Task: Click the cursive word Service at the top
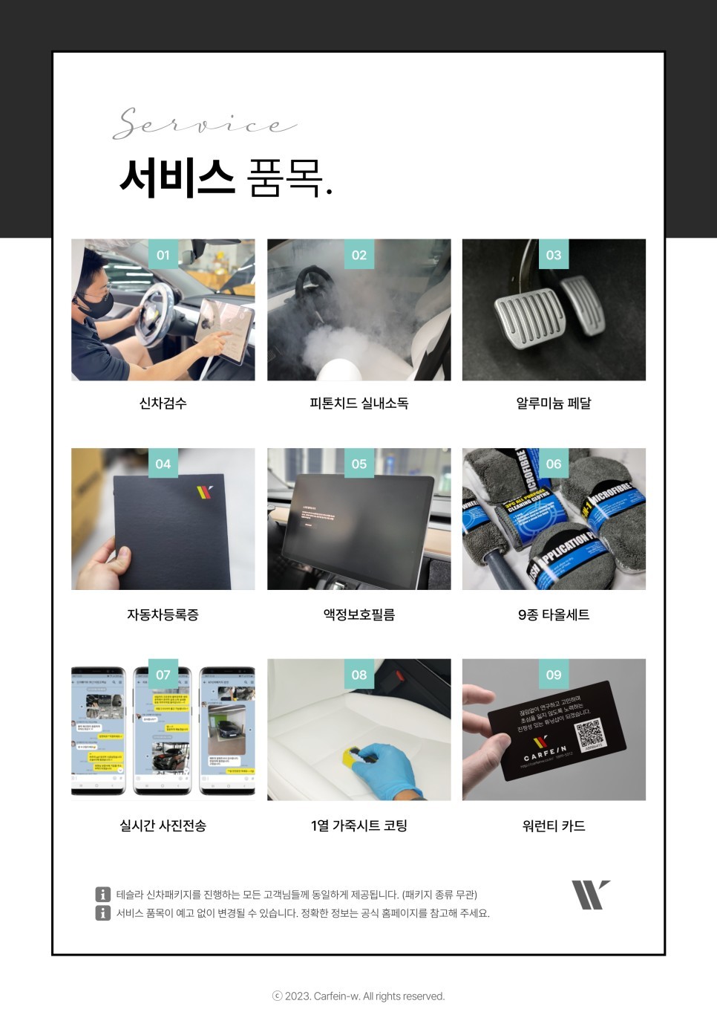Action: (x=205, y=124)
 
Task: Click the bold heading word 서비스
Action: (x=177, y=178)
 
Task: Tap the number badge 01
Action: (x=163, y=255)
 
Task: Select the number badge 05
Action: (x=359, y=464)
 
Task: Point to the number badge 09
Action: (x=554, y=675)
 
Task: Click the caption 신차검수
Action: (x=163, y=403)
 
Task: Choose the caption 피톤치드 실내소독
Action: (x=359, y=403)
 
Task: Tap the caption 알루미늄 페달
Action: (x=554, y=403)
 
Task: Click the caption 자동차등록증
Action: (x=163, y=614)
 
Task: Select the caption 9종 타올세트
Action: (x=554, y=614)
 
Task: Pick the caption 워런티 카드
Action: (x=554, y=826)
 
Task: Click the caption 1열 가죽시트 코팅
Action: (x=359, y=826)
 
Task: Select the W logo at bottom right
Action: (x=590, y=895)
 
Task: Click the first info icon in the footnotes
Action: (x=103, y=895)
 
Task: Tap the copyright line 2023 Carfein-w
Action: (x=358, y=996)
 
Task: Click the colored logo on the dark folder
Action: (x=205, y=491)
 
